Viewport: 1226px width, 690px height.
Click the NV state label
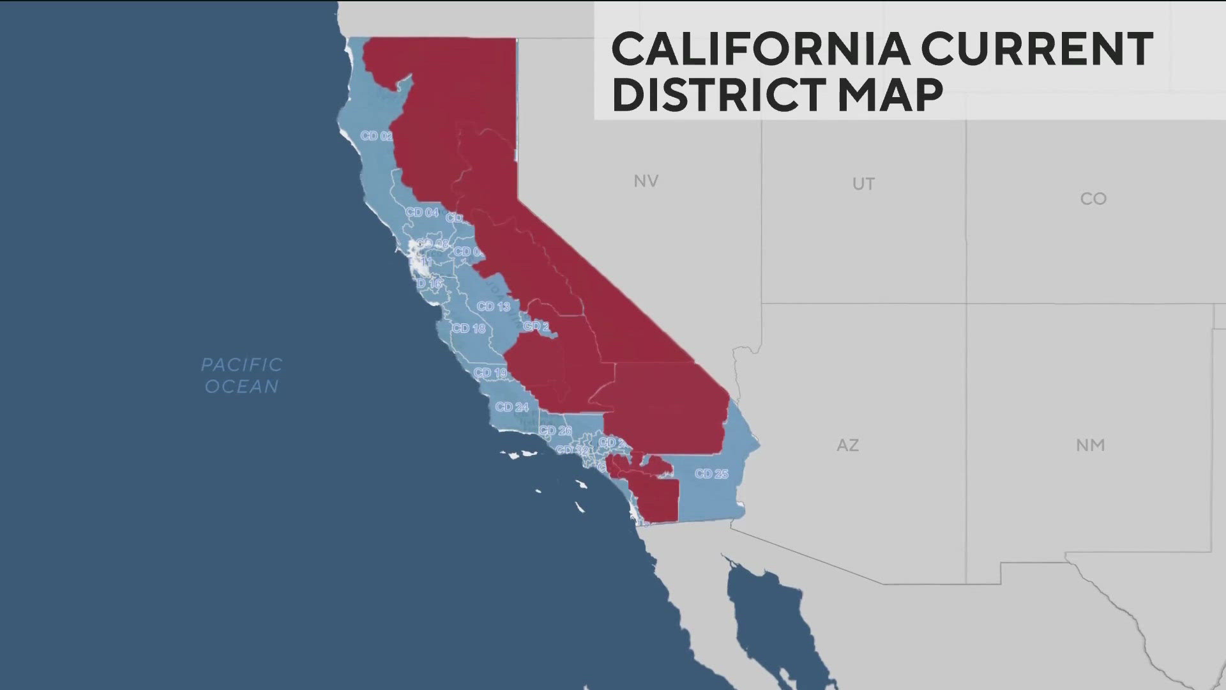coord(646,181)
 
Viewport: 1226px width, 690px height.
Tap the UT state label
coord(863,184)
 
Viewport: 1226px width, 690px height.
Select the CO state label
coord(1093,199)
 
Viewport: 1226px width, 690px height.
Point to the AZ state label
coord(847,445)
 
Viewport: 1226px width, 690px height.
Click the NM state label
coord(1090,445)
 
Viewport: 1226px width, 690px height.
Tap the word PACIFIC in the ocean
coord(241,365)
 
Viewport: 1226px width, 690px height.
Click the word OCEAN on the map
coord(241,387)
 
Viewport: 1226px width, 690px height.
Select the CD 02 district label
coord(376,136)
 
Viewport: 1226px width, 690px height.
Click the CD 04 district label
coord(422,212)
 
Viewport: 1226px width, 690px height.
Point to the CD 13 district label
coord(494,307)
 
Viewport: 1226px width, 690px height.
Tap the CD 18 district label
coord(469,328)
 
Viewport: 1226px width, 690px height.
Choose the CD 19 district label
coord(490,372)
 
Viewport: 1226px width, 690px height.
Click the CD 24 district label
coord(511,407)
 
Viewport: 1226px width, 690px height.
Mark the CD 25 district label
coord(711,474)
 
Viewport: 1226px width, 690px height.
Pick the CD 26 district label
coord(555,431)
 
